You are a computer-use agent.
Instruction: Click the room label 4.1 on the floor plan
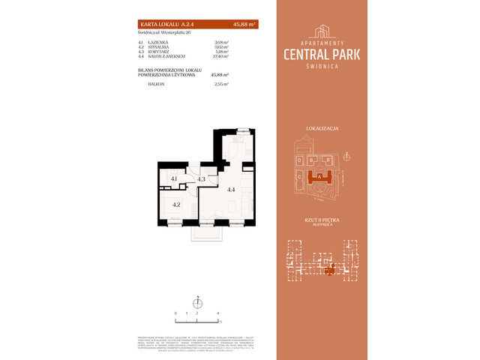[x=173, y=178]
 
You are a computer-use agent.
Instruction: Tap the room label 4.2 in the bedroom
[x=176, y=203]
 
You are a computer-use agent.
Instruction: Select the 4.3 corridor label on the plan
[x=201, y=179]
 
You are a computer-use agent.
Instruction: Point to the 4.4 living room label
[x=231, y=190]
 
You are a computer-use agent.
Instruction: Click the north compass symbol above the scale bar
[x=199, y=301]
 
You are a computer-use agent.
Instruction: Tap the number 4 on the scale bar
[x=217, y=311]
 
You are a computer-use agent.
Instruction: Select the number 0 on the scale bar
[x=175, y=311]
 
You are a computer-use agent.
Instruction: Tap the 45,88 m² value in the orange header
[x=244, y=24]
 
